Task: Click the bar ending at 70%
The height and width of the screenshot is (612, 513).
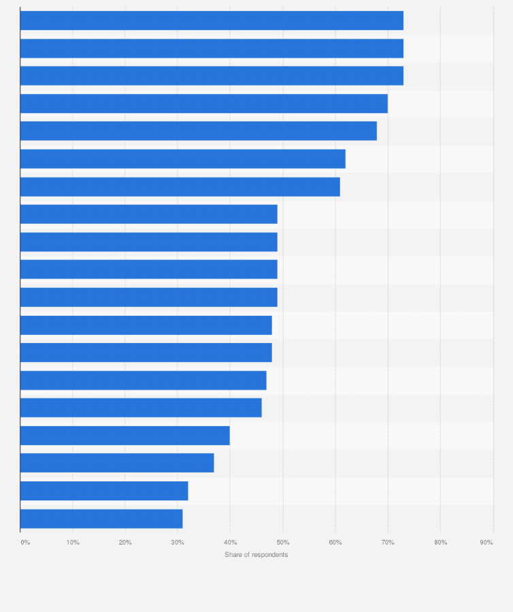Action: coord(204,103)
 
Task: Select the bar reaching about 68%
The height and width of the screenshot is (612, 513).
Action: coord(199,131)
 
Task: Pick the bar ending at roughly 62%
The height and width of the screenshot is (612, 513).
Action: coord(183,159)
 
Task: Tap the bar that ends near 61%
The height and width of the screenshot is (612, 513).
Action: coord(180,187)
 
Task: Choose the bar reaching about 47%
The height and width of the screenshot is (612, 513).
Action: coord(144,380)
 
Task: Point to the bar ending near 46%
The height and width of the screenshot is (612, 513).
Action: coord(141,408)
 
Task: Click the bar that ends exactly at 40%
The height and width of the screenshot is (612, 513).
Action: coord(125,436)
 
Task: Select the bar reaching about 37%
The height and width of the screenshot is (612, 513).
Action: coord(117,463)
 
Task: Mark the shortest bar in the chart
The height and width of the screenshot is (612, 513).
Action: coord(101,519)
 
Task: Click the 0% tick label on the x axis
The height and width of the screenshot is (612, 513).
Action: coord(25,543)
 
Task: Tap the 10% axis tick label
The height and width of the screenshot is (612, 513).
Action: coord(73,543)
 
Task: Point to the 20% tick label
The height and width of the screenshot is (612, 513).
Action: coord(125,543)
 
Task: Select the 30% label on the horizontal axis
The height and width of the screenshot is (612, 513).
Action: coord(178,543)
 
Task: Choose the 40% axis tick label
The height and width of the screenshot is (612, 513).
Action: coord(230,543)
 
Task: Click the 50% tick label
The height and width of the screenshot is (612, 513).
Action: coord(283,543)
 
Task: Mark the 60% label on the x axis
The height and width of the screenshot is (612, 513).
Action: coord(335,543)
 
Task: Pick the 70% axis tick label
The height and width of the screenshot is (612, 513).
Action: coord(388,543)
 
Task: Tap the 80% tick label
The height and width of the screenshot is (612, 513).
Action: coord(440,543)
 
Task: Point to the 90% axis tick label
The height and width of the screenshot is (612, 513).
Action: coord(486,543)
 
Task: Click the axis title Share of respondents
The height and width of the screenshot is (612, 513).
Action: coord(256,555)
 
